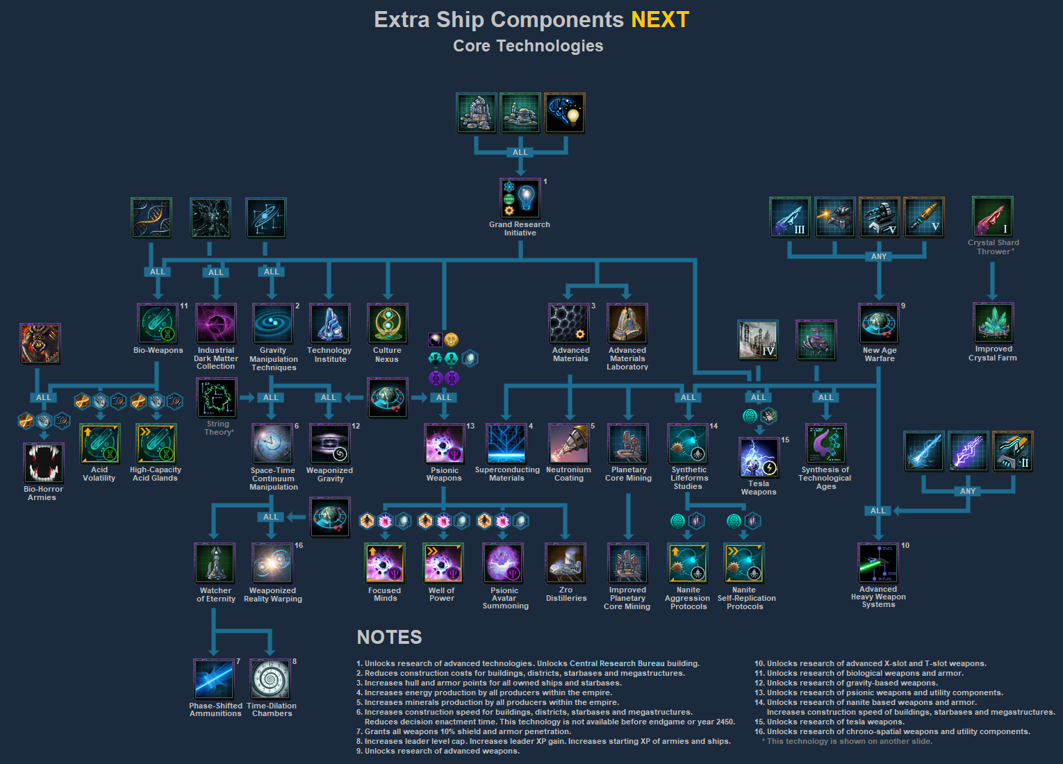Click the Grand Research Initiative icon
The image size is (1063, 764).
[520, 199]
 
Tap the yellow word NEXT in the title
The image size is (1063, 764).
[659, 19]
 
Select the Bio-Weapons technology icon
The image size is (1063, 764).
[158, 324]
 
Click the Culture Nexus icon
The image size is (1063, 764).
[387, 324]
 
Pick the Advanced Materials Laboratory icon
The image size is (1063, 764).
[627, 324]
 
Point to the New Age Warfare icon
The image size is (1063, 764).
[879, 324]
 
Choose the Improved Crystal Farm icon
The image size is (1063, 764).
[994, 323]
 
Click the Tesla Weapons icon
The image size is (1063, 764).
[759, 457]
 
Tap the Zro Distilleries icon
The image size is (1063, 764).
[566, 563]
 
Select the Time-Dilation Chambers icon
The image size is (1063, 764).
[271, 679]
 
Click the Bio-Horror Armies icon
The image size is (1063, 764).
[44, 463]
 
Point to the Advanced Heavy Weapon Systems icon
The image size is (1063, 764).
[878, 563]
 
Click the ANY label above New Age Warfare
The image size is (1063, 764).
[879, 256]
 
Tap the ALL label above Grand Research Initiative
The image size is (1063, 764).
[520, 152]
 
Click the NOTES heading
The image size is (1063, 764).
[389, 637]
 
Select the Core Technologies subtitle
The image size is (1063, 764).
[528, 46]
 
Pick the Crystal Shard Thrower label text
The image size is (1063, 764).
[994, 247]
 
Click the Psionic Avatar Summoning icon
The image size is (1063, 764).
[504, 563]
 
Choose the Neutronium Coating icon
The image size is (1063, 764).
[569, 444]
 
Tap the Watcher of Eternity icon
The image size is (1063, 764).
[215, 563]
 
